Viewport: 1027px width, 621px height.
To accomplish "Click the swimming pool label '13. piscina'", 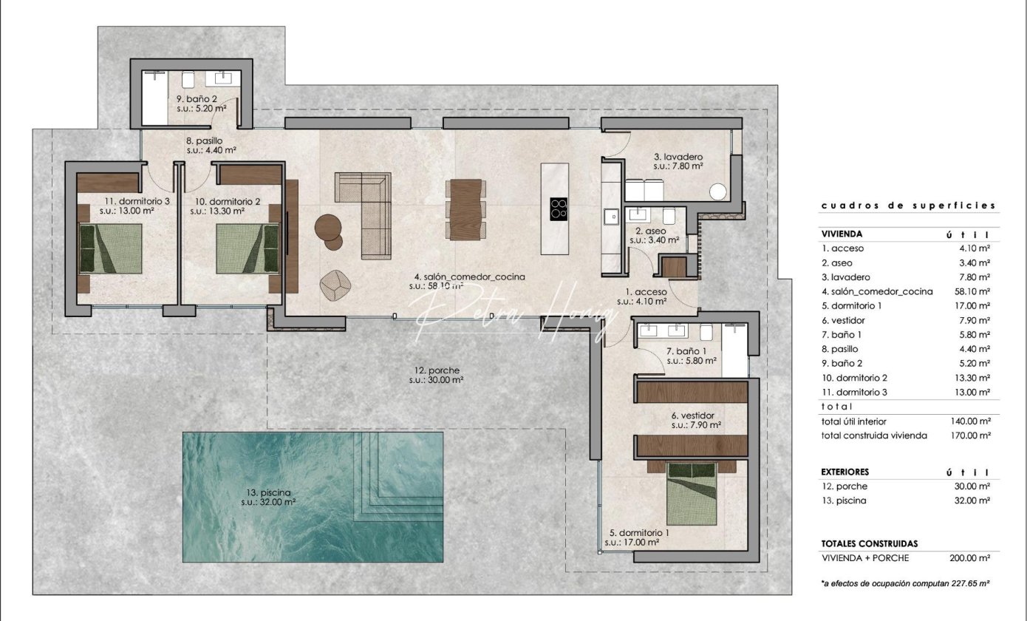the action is tap(268, 492).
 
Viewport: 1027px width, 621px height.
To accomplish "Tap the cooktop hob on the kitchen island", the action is tap(559, 209).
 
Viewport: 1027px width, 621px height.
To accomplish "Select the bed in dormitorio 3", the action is tap(111, 248).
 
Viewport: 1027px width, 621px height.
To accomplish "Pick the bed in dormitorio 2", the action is tap(247, 248).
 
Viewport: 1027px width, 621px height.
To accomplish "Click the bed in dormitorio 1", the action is tap(692, 494).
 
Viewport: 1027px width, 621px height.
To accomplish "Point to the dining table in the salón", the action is tap(465, 210).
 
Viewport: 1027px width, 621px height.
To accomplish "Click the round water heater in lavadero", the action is tap(718, 191).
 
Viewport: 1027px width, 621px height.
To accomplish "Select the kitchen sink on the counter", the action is tap(611, 217).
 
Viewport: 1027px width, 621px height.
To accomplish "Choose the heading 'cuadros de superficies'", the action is tap(908, 206).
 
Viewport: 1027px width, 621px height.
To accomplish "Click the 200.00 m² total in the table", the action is tap(969, 558).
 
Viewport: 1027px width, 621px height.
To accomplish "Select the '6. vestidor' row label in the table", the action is tap(843, 320).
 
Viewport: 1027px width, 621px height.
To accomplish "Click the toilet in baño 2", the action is tap(188, 79).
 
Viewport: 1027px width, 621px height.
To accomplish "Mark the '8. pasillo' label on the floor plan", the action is tap(204, 140).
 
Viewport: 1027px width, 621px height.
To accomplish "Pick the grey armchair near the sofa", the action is tap(335, 285).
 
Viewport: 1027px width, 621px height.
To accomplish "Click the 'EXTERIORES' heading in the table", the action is tap(845, 472).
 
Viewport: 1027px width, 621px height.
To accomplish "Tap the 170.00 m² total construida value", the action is tap(971, 435).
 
